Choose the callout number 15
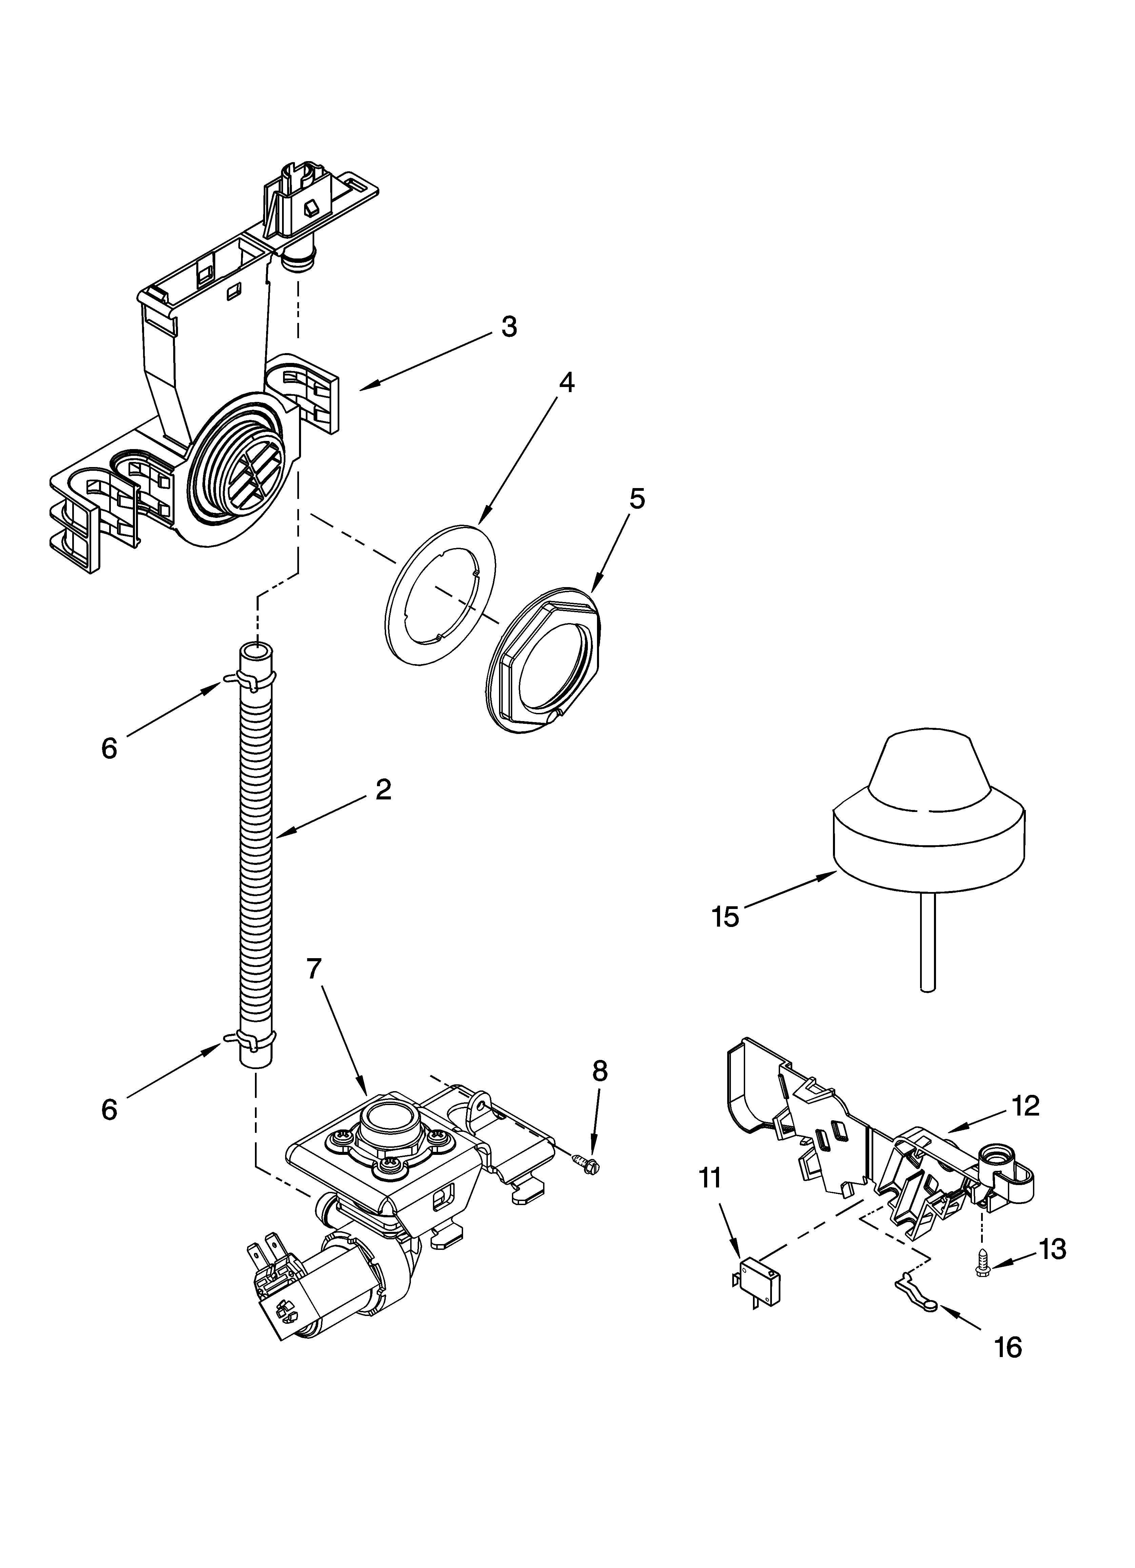[726, 917]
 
